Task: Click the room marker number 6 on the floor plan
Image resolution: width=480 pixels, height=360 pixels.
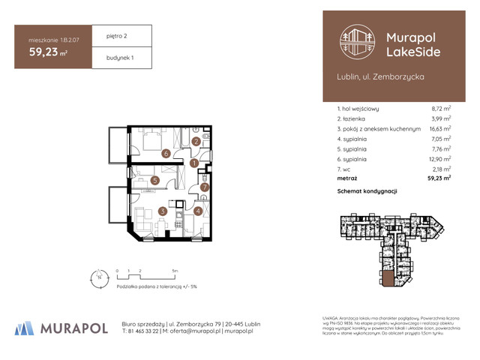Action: (165, 154)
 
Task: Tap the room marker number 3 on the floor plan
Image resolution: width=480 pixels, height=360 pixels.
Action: (162, 212)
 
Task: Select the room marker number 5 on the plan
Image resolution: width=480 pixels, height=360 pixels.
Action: (154, 180)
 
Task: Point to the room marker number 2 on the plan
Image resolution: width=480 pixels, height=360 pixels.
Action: (196, 141)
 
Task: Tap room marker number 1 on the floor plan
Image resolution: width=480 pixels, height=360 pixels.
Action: (193, 163)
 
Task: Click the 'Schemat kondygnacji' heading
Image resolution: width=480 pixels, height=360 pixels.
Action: (367, 192)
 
